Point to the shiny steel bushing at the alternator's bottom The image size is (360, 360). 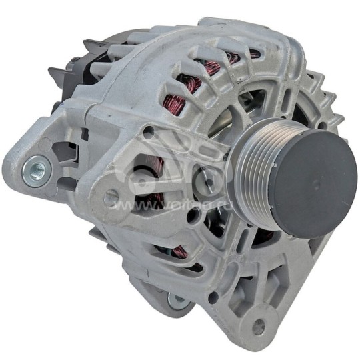177,300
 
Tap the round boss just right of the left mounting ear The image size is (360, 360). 112,195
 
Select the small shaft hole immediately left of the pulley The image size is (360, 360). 206,179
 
